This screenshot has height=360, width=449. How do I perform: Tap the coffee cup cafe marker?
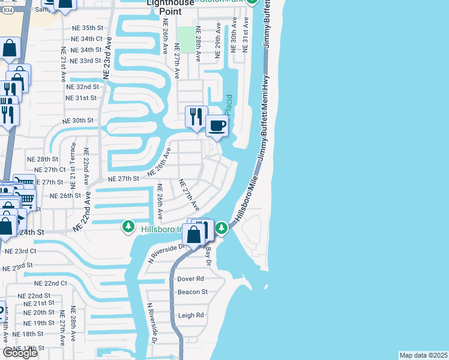point(217,126)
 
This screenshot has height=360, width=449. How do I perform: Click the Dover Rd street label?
point(191,279)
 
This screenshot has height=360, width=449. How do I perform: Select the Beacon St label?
point(192,292)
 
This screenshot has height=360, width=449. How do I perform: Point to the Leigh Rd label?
point(191,315)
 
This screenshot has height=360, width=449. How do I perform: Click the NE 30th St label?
point(79,120)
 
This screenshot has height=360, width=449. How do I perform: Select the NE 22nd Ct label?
point(50,283)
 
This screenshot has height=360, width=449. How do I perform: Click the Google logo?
point(20,353)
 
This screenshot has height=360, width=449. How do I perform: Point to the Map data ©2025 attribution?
point(424,355)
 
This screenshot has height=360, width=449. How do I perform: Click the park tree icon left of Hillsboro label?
point(128,227)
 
